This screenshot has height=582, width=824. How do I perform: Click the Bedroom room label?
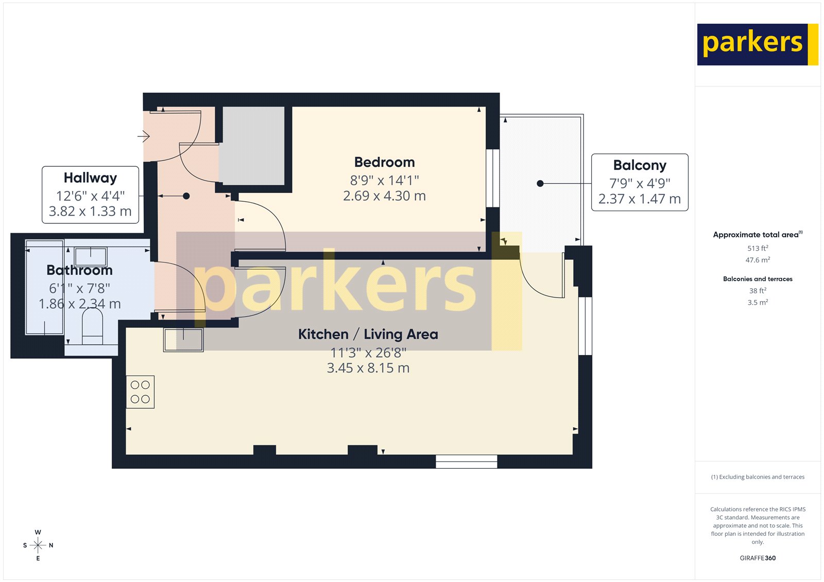[384, 162]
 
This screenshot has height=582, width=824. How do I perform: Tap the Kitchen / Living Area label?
[368, 334]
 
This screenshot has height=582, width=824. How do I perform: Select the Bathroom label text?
[79, 270]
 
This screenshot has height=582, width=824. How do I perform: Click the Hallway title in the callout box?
[90, 178]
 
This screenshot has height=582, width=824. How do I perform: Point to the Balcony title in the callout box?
[640, 165]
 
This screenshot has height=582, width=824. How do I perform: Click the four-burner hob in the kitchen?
[140, 392]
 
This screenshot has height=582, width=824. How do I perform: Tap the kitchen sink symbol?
[183, 340]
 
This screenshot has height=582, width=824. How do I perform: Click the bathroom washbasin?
[91, 256]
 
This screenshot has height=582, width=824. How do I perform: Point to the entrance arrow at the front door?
[143, 136]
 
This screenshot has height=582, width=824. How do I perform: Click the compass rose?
[38, 545]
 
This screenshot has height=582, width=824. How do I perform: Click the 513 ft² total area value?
[758, 248]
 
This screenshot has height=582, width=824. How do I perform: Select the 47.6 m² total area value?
[758, 260]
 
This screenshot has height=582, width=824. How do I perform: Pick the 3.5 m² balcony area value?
[758, 303]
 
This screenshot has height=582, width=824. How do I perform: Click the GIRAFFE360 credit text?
[758, 558]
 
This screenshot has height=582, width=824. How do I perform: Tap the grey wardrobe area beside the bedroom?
[252, 146]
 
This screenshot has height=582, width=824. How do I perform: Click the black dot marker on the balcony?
[540, 184]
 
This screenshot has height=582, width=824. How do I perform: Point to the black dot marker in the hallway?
[186, 196]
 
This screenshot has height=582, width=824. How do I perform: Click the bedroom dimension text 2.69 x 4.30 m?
[384, 196]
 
